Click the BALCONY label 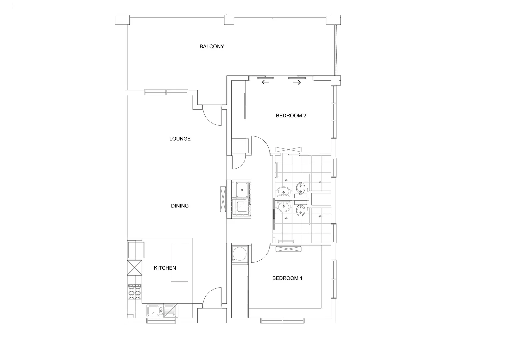pos(212,47)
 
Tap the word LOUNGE pos(180,139)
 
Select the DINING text pos(180,206)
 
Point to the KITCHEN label pos(165,268)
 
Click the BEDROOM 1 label pos(287,278)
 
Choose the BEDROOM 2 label pos(291,116)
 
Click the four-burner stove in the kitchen pos(134,292)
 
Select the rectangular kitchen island pos(179,262)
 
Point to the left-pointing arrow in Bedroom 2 pos(265,82)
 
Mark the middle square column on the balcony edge pos(229,20)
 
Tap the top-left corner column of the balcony pos(122,20)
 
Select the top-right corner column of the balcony pos(333,20)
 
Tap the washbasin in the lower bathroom pos(284,207)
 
